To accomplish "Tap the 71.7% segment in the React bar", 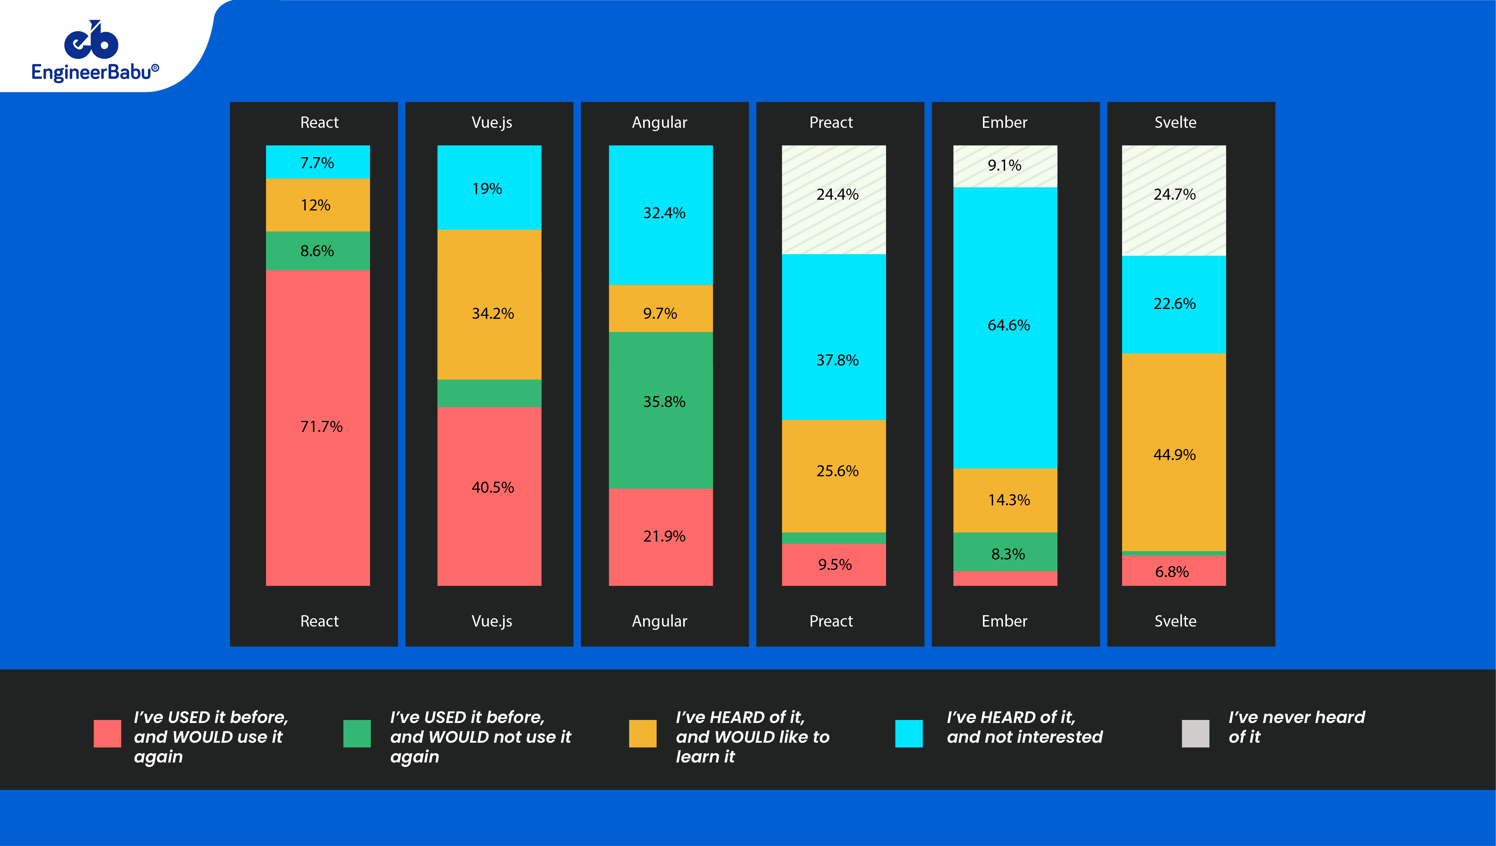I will point(318,427).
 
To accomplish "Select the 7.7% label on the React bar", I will point(317,163).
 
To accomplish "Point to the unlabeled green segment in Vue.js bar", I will point(489,393).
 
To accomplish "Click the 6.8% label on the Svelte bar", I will point(1172,572).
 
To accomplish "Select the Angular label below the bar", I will point(659,621).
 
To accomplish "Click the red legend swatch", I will point(107,733).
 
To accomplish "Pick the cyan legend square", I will point(909,733).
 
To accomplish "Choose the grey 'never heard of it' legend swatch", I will point(1195,733).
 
